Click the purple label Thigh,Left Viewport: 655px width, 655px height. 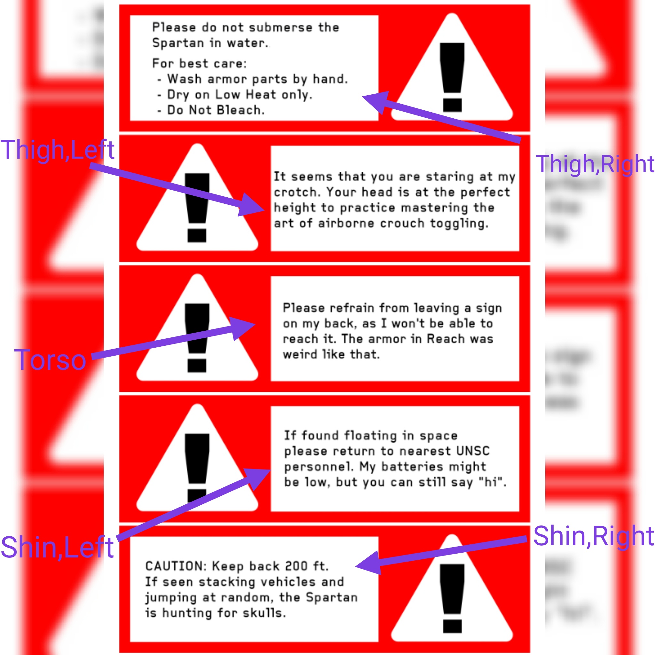coord(58,150)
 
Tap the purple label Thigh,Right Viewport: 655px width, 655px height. coord(595,164)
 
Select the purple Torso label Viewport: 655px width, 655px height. coord(50,360)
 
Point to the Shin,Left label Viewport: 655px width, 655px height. coord(57,547)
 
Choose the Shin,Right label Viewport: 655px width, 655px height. coord(593,536)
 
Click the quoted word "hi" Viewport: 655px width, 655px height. coord(492,482)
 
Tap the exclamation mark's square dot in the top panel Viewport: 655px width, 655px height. coord(452,105)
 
